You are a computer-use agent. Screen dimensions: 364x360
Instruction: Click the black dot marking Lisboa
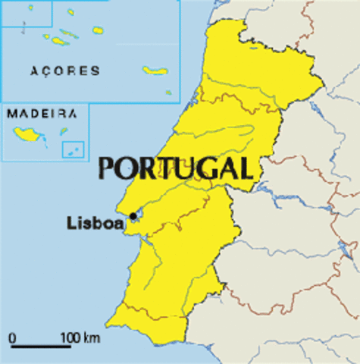pos(133,216)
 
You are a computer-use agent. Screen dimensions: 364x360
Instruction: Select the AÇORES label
pos(64,71)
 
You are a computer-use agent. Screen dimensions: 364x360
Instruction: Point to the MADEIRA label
pos(42,114)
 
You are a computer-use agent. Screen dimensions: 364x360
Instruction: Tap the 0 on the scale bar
pos(12,337)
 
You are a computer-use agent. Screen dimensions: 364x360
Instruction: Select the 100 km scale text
pos(80,337)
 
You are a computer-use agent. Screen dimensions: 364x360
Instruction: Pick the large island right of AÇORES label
pos(155,71)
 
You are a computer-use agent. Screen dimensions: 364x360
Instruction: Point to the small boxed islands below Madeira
pos(73,150)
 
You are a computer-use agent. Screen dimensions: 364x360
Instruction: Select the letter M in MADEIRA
pos(12,114)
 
